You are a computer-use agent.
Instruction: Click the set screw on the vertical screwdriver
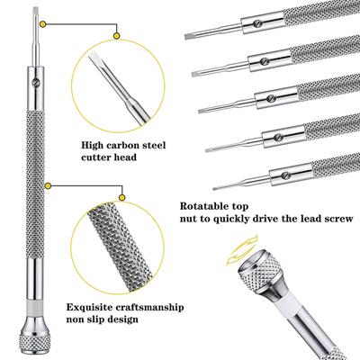click(x=35, y=82)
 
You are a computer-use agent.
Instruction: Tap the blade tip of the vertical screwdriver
click(x=35, y=9)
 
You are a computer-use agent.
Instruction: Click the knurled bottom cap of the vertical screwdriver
click(x=35, y=342)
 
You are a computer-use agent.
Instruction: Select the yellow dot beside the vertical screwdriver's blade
click(x=43, y=24)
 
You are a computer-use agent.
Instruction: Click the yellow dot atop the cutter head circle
click(x=117, y=36)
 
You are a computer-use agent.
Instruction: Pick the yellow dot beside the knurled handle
click(x=48, y=186)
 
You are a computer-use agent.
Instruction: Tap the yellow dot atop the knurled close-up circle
click(x=121, y=197)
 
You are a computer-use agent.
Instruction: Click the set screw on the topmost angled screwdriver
click(x=256, y=22)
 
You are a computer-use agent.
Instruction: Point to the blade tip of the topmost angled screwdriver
click(x=186, y=38)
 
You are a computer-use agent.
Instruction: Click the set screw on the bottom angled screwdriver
click(x=286, y=175)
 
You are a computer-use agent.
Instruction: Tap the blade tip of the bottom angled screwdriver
click(x=214, y=189)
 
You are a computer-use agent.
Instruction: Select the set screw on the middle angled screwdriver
click(x=271, y=98)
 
